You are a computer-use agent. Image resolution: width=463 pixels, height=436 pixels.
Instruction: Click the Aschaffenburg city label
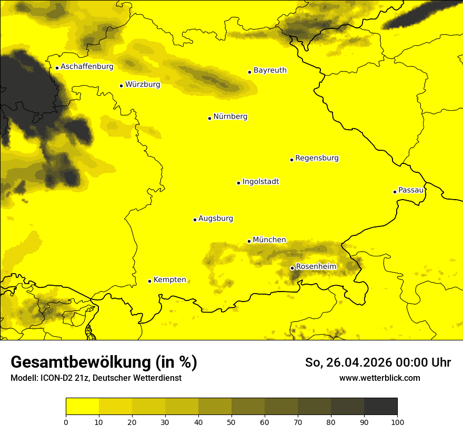point(87,67)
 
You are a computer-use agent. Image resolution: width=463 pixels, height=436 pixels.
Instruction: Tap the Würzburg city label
point(143,84)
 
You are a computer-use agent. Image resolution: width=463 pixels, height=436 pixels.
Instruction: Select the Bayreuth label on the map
point(270,70)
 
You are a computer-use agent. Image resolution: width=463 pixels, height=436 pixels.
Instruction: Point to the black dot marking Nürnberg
point(209,118)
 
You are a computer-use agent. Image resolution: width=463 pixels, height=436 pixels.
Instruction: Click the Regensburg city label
point(317,158)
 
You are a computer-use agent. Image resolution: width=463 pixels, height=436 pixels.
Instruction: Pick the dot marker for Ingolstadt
point(238,183)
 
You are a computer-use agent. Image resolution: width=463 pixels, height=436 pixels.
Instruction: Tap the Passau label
point(411,190)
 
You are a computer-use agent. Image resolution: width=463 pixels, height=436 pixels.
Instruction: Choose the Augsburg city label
point(216,219)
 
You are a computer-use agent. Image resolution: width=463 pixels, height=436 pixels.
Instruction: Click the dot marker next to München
point(249,241)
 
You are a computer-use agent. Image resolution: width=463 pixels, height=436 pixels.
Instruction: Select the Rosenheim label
point(316,267)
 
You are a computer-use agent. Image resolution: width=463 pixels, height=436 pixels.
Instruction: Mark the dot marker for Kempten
point(149,281)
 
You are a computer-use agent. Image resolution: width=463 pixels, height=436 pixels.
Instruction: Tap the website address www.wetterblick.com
point(379,378)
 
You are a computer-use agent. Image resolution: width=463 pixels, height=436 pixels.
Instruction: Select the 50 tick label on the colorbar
point(231,422)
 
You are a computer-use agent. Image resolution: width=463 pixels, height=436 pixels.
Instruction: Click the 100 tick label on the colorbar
point(397,422)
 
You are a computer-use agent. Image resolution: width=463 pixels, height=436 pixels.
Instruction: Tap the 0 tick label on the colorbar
point(66,422)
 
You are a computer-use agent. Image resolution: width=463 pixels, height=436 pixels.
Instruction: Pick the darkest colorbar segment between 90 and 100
point(380,406)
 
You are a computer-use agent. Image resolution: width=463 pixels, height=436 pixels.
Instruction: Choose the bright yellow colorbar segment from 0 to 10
point(82,406)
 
